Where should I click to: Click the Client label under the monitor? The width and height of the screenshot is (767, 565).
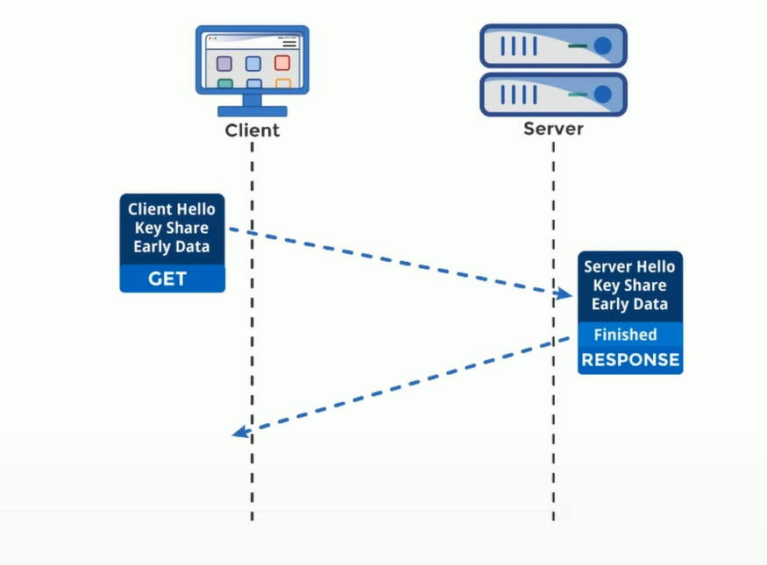tap(252, 131)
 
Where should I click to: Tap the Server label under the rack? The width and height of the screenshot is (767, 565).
tap(553, 129)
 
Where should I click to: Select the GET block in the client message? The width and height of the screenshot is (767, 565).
tap(172, 279)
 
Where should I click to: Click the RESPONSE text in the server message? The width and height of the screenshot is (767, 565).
tap(630, 359)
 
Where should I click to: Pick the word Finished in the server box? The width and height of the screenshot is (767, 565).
tap(625, 335)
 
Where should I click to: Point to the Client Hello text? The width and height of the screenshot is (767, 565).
tap(172, 209)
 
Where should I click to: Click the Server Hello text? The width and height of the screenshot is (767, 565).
tap(629, 266)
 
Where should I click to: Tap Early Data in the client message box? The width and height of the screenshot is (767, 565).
tap(172, 247)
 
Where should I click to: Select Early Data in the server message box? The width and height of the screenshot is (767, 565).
tap(629, 304)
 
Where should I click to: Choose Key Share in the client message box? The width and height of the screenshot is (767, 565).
tap(172, 228)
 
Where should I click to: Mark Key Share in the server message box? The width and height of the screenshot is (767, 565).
tap(629, 286)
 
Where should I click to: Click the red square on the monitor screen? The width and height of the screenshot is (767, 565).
tap(282, 63)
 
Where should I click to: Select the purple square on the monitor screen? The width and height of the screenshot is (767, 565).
tap(224, 63)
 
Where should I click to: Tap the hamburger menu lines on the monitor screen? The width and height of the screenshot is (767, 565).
tap(288, 42)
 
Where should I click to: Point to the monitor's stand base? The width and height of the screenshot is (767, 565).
tap(252, 111)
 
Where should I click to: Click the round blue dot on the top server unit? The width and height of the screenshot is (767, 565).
tap(602, 45)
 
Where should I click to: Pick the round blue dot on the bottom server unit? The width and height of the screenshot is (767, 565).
tap(602, 94)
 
